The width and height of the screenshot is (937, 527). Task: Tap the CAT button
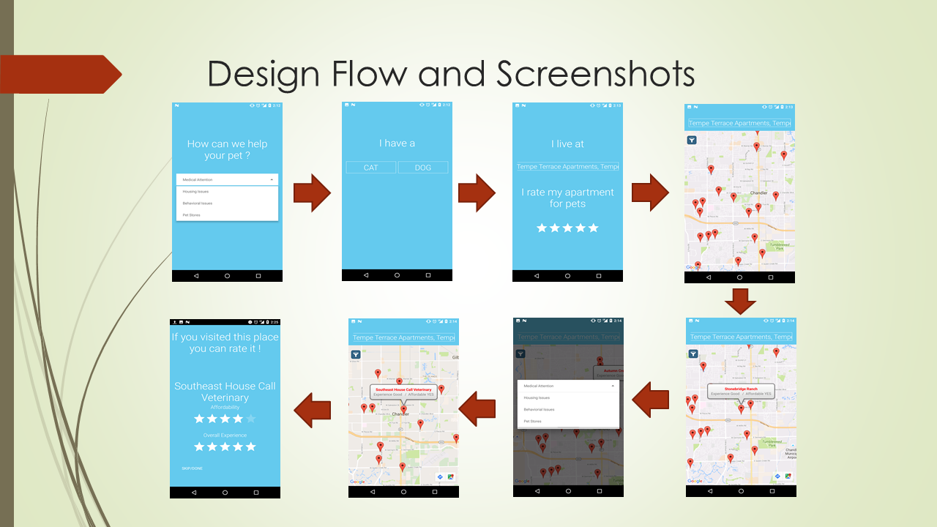pyautogui.click(x=370, y=168)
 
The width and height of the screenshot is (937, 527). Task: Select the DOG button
pyautogui.click(x=422, y=168)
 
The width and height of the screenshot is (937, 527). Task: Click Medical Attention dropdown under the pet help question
pyautogui.click(x=227, y=179)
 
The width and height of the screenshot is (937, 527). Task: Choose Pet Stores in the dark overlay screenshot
pyautogui.click(x=533, y=422)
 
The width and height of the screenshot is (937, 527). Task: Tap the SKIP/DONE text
pyautogui.click(x=192, y=468)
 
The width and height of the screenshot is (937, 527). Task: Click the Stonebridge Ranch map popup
pyautogui.click(x=741, y=391)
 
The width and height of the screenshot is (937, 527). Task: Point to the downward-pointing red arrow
pyautogui.click(x=740, y=300)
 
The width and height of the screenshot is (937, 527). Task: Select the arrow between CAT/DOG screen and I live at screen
pyautogui.click(x=477, y=193)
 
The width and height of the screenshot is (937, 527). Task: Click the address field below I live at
pyautogui.click(x=567, y=167)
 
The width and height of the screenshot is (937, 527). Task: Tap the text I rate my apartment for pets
pyautogui.click(x=567, y=198)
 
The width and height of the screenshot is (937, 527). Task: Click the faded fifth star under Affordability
pyautogui.click(x=251, y=419)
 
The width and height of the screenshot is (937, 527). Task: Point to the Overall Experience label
pyautogui.click(x=225, y=436)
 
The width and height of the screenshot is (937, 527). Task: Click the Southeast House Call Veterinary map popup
pyautogui.click(x=403, y=392)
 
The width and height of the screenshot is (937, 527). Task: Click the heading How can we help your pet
pyautogui.click(x=227, y=149)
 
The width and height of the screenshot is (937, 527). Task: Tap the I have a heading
pyautogui.click(x=397, y=143)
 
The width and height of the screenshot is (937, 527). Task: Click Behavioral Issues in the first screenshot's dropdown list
pyautogui.click(x=198, y=203)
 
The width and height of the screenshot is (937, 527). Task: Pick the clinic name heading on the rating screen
pyautogui.click(x=225, y=392)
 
